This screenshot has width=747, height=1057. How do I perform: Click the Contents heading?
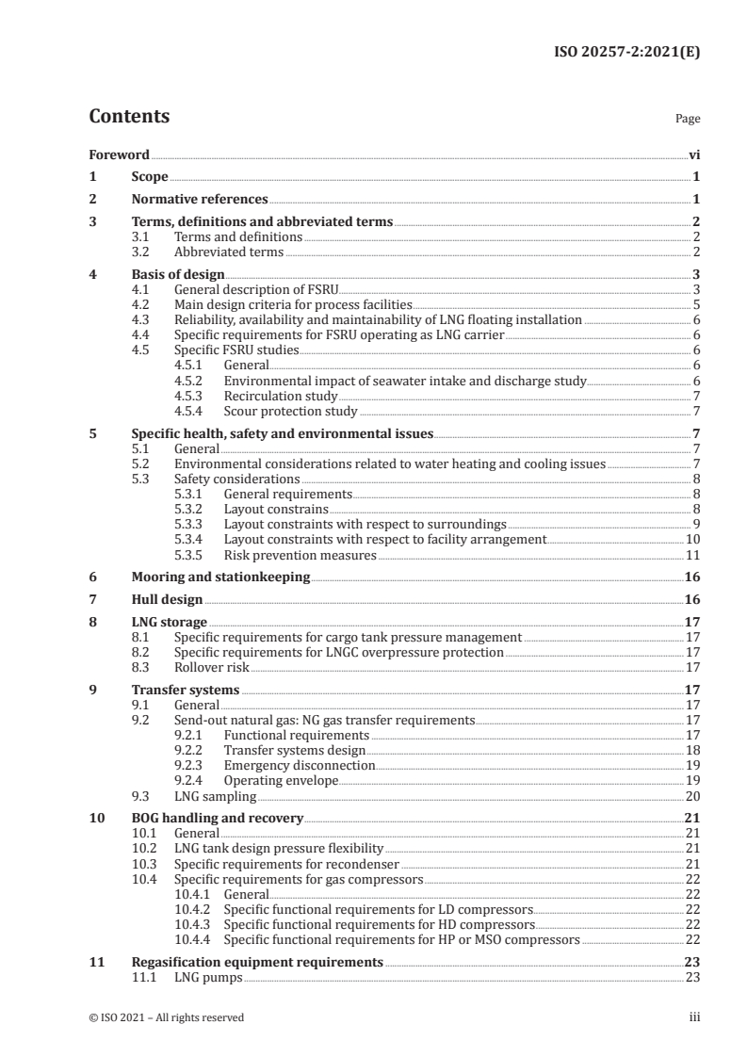[129, 117]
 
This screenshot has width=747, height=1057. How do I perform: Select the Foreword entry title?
[119, 154]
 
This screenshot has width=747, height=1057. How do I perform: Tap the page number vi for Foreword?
[694, 154]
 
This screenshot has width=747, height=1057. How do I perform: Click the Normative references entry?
[199, 200]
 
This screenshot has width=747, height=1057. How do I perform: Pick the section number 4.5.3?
[192, 396]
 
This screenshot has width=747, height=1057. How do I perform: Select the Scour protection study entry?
[290, 411]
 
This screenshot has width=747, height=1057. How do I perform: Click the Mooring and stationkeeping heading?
[220, 577]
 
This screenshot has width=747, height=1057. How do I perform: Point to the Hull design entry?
[167, 599]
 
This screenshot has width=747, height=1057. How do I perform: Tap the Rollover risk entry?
[212, 667]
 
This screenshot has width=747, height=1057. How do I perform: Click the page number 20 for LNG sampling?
[692, 795]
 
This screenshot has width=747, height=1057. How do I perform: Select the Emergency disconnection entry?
[299, 765]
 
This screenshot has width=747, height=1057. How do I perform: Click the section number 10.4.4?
[192, 939]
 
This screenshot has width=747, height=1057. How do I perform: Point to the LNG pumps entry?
[208, 977]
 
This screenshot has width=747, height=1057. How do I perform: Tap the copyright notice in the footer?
[166, 1017]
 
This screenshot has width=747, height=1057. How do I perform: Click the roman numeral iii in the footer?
[695, 1017]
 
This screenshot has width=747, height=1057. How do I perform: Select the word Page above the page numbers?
[688, 120]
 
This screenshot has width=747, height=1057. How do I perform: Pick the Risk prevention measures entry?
[300, 556]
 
